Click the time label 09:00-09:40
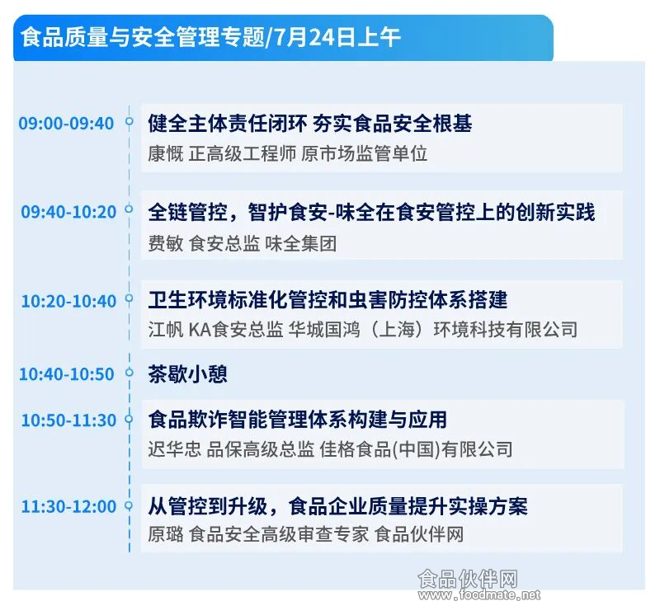coord(66,124)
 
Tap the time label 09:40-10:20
coord(68,212)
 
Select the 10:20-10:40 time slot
coord(68,301)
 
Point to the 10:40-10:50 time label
coord(67,374)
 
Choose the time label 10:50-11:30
coord(68,420)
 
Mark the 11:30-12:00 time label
coord(68,506)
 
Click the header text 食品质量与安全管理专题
coord(143,37)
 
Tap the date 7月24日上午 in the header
coord(337,37)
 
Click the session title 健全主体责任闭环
coord(228,124)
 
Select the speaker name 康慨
coord(166,153)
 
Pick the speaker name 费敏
coord(166,243)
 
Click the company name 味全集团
coord(300,243)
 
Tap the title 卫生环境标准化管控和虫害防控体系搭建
coord(328,300)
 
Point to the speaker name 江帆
coord(166,330)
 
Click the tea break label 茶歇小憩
coord(187,373)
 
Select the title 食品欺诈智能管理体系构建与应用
coord(297,420)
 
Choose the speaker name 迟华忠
coord(174,449)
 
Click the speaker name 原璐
coord(166,534)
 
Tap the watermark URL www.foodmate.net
coord(479,595)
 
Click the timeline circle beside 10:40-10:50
coord(130,372)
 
